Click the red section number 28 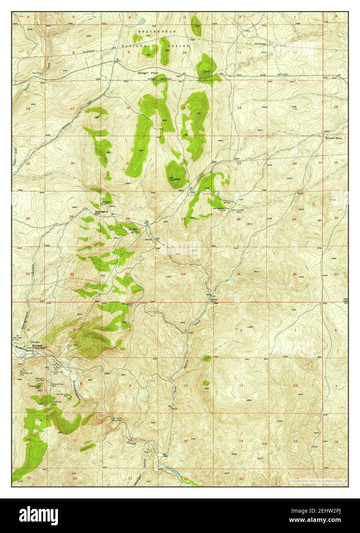click(128, 219)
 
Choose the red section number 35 click(239, 274)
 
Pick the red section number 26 click(239, 219)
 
